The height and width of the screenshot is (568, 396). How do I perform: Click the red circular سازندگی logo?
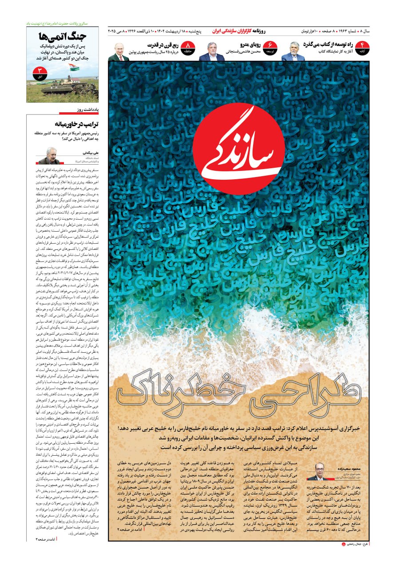pyautogui.click(x=238, y=149)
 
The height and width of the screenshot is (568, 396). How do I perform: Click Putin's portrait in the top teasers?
pyautogui.click(x=119, y=52)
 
